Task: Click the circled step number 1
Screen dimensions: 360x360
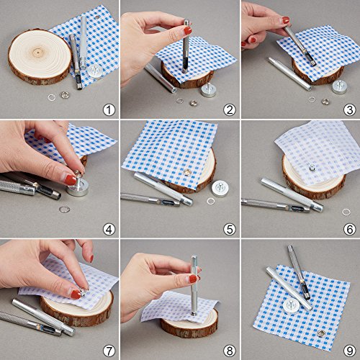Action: click(x=109, y=110)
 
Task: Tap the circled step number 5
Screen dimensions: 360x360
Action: click(x=230, y=230)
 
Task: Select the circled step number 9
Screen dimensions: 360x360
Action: click(x=349, y=351)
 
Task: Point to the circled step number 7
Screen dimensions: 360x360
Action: click(x=109, y=351)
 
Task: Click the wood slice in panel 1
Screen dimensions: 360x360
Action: click(x=40, y=56)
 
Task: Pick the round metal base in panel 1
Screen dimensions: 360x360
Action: click(x=94, y=71)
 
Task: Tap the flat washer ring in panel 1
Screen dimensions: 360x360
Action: click(x=51, y=97)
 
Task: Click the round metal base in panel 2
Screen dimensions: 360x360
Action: click(x=208, y=90)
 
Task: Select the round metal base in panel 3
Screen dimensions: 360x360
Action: click(x=339, y=87)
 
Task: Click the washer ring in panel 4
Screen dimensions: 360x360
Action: click(x=64, y=210)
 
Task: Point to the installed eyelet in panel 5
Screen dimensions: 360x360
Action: click(x=187, y=172)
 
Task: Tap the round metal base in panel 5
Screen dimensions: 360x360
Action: click(x=220, y=189)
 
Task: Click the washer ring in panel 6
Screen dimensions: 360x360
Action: click(x=346, y=212)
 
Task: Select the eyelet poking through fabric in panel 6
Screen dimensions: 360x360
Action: click(x=312, y=168)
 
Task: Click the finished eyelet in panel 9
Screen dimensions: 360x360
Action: click(x=320, y=333)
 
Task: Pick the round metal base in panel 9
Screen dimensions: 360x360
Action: click(x=292, y=306)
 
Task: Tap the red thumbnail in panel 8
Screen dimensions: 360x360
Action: click(x=193, y=279)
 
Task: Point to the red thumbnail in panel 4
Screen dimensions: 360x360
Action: click(x=71, y=180)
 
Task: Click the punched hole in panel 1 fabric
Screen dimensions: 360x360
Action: click(x=97, y=17)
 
